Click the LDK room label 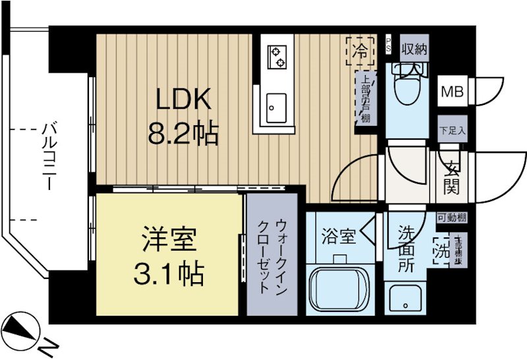[x=182, y=101]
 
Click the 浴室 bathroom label [x=339, y=236]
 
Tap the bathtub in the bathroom [x=340, y=289]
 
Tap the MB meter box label [x=451, y=92]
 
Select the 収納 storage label [x=413, y=48]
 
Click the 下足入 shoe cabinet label [x=453, y=131]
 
